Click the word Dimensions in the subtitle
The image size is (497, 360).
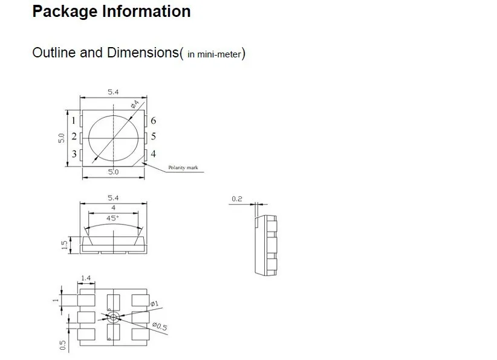point(143,52)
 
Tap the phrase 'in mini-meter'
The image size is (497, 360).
point(214,54)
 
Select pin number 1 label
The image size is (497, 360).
point(74,121)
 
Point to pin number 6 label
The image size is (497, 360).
point(154,121)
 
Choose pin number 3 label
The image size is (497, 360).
point(74,154)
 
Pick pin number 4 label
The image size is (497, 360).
point(154,154)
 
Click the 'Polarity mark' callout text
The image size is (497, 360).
point(183,167)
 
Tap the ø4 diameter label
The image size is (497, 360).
point(135,104)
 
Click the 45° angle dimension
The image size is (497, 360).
point(112,218)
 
